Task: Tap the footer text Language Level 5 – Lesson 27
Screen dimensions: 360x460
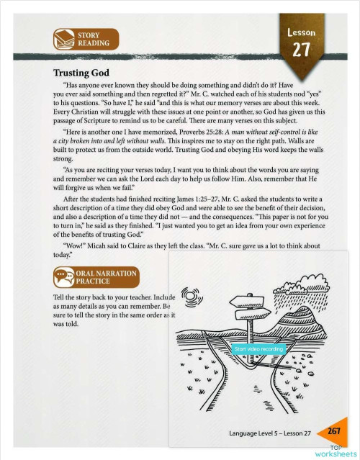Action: (x=269, y=433)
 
